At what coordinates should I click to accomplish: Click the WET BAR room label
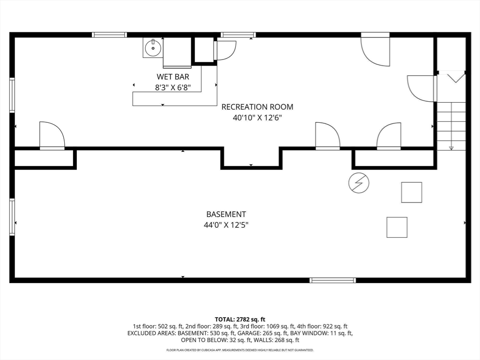click(x=173, y=76)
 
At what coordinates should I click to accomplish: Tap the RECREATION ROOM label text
click(x=257, y=107)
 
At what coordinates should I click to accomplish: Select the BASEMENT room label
click(x=226, y=214)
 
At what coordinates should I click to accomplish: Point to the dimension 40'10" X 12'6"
click(x=257, y=118)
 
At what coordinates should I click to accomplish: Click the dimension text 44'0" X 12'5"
click(x=226, y=225)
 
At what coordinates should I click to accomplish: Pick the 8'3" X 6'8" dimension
click(x=173, y=88)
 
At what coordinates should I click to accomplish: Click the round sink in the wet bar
click(x=153, y=48)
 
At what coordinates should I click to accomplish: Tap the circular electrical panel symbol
click(x=359, y=183)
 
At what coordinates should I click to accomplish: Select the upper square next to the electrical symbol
click(x=412, y=192)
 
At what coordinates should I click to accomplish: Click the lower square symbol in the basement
click(x=397, y=227)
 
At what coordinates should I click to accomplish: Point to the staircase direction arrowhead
click(x=451, y=148)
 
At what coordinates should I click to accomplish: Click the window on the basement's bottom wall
click(x=333, y=280)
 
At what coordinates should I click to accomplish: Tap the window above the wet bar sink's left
click(x=109, y=35)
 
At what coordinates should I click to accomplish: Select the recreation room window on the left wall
click(x=12, y=95)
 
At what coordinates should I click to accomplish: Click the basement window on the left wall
click(x=12, y=217)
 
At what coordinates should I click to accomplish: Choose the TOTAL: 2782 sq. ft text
click(x=240, y=320)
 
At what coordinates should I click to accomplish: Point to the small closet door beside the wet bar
click(x=225, y=51)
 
